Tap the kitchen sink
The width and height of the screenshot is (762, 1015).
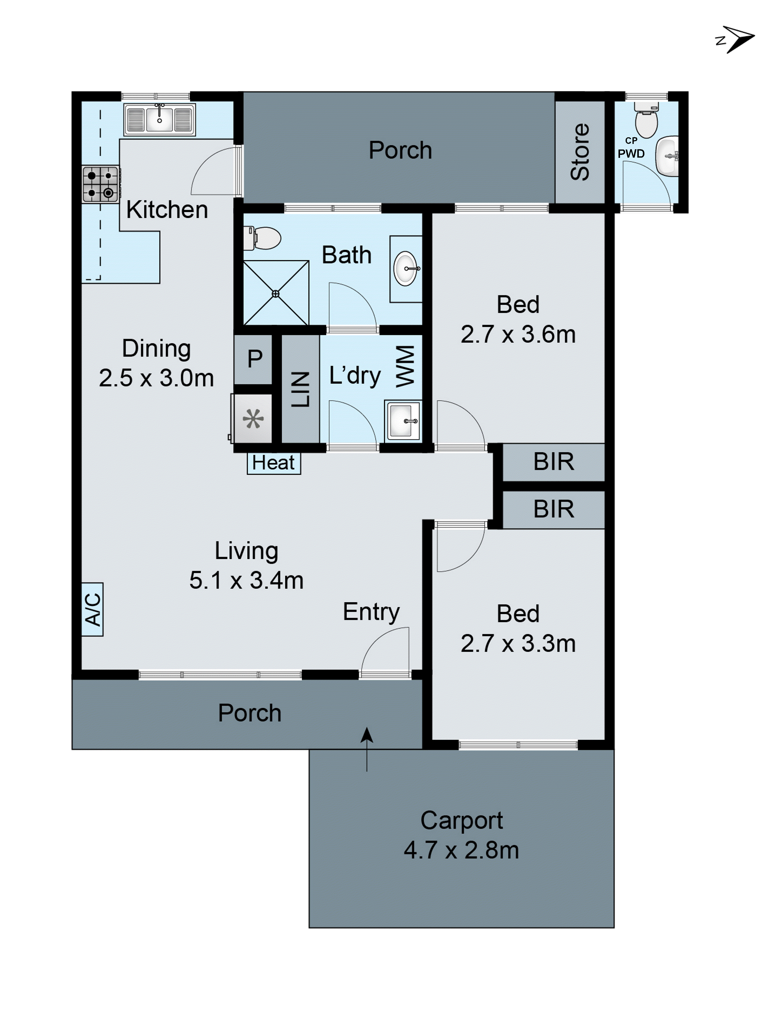pyautogui.click(x=159, y=119)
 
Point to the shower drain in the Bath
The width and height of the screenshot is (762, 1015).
pyautogui.click(x=276, y=294)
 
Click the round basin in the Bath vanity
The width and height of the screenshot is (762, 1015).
pyautogui.click(x=406, y=269)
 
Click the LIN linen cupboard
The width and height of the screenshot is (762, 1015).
pyautogui.click(x=300, y=389)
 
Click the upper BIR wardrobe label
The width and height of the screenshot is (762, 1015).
pyautogui.click(x=553, y=462)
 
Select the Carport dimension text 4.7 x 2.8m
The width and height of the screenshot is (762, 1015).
pyautogui.click(x=461, y=850)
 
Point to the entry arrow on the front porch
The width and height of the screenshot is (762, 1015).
pyautogui.click(x=367, y=748)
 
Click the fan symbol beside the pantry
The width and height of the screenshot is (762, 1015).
pyautogui.click(x=253, y=419)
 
